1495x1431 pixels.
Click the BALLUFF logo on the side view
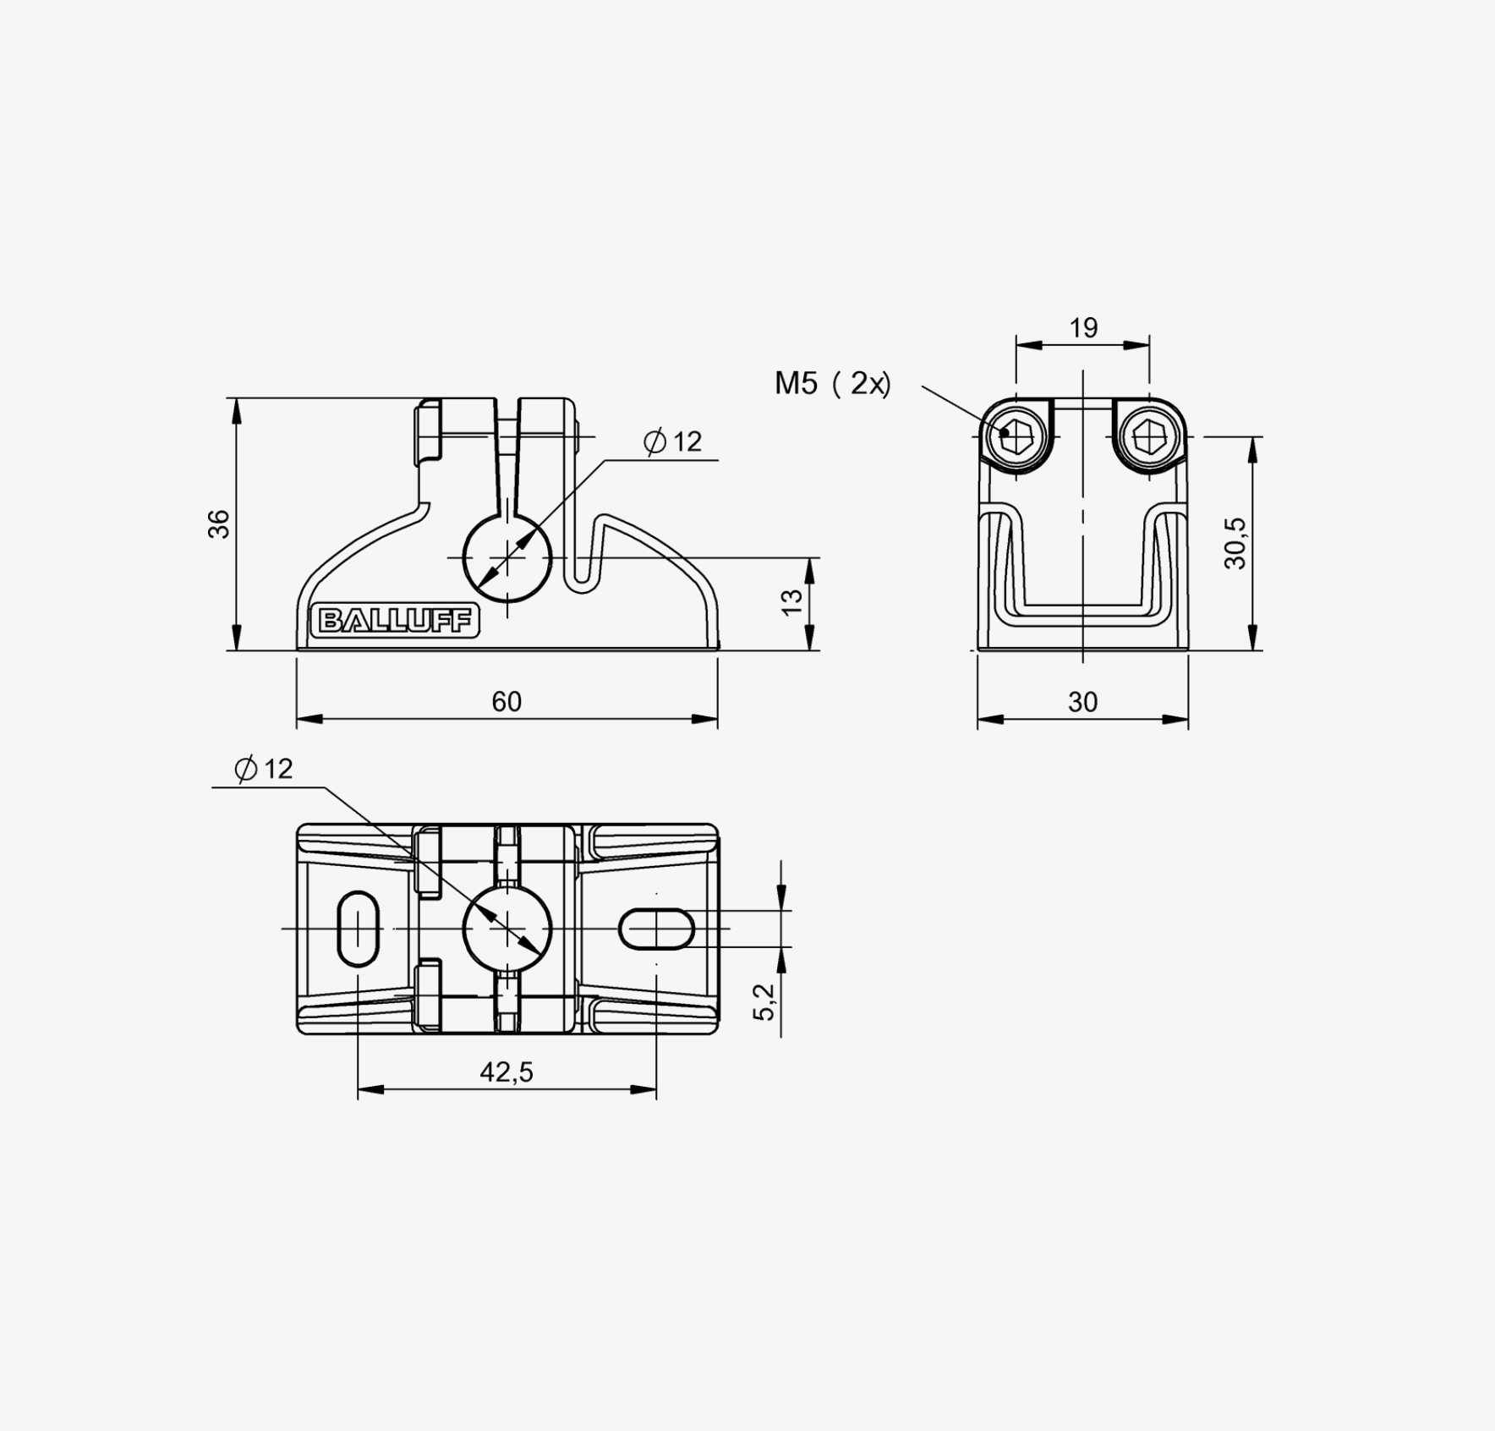[x=395, y=621]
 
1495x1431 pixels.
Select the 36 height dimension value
[x=219, y=524]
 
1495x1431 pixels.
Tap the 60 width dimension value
[x=507, y=702]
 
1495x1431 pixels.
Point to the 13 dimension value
[x=791, y=601]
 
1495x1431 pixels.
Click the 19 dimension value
[x=1083, y=327]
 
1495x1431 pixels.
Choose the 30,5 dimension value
[x=1235, y=543]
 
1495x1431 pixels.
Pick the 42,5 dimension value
[x=507, y=1072]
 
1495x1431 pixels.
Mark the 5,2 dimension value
[x=764, y=1002]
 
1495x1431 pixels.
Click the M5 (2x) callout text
[x=833, y=384]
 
